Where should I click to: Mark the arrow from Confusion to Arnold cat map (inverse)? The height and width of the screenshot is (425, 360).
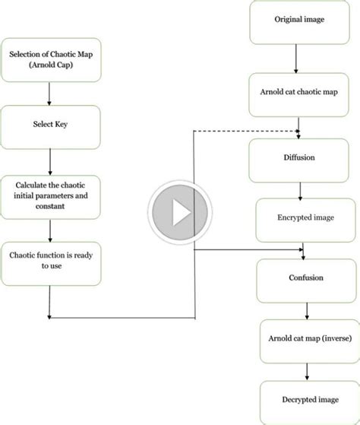306,310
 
